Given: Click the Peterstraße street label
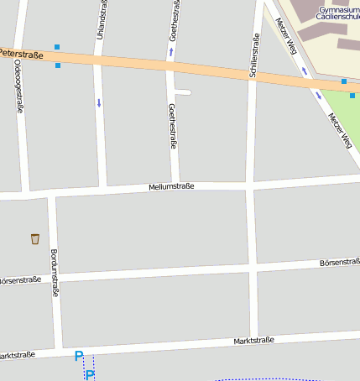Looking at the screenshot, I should (x=20, y=54).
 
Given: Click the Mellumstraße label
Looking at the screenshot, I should (x=171, y=186).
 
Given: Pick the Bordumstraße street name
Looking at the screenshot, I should (x=55, y=273).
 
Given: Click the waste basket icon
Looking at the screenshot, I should (x=34, y=239).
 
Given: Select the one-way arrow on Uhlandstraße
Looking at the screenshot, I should (x=99, y=102).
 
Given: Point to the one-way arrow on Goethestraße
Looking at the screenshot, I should (x=172, y=52).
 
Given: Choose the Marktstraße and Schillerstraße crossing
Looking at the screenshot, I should (x=253, y=342).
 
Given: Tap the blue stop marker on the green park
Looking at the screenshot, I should (x=352, y=95).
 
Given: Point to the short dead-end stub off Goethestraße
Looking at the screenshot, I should (x=185, y=91).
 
